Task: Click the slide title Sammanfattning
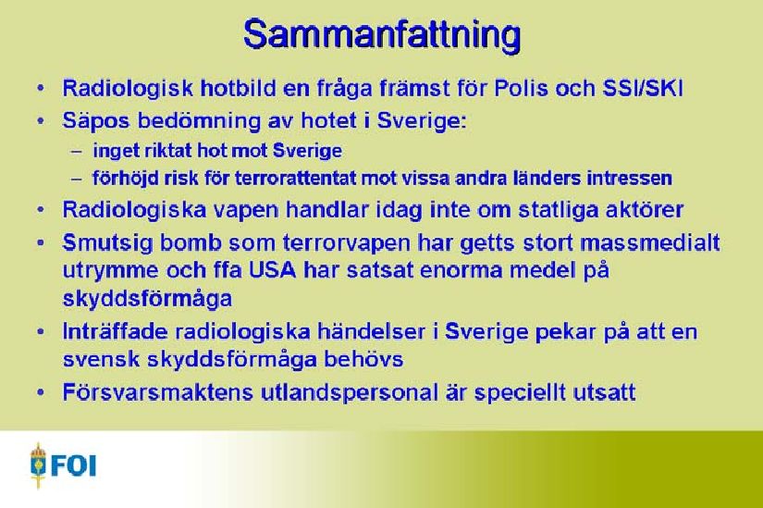tap(382, 35)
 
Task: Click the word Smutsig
tap(107, 243)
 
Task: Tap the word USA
tap(273, 270)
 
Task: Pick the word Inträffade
tap(115, 331)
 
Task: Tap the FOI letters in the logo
tap(73, 465)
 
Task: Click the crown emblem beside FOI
tap(38, 465)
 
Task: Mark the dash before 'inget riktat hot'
tap(77, 152)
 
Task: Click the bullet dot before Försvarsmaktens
tap(41, 392)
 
